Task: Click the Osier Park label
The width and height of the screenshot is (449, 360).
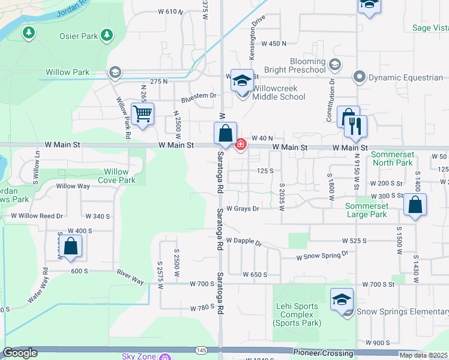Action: pyautogui.click(x=79, y=36)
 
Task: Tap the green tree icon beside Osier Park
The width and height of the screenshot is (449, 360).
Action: pyautogui.click(x=107, y=35)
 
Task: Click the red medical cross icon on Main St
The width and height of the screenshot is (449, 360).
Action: pyautogui.click(x=241, y=144)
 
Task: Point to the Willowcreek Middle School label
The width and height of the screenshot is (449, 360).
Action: pyautogui.click(x=279, y=92)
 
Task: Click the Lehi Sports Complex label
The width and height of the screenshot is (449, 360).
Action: pyautogui.click(x=297, y=314)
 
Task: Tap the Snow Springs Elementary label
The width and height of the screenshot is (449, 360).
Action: pyautogui.click(x=402, y=311)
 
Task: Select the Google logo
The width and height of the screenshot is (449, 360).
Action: pyautogui.click(x=20, y=353)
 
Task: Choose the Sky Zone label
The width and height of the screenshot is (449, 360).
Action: pyautogui.click(x=139, y=356)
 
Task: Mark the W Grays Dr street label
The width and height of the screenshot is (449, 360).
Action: pyautogui.click(x=243, y=209)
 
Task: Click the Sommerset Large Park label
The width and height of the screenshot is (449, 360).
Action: pyautogui.click(x=366, y=210)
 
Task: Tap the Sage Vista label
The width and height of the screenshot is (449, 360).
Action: pyautogui.click(x=430, y=28)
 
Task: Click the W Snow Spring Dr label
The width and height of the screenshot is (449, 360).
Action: pyautogui.click(x=322, y=256)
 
